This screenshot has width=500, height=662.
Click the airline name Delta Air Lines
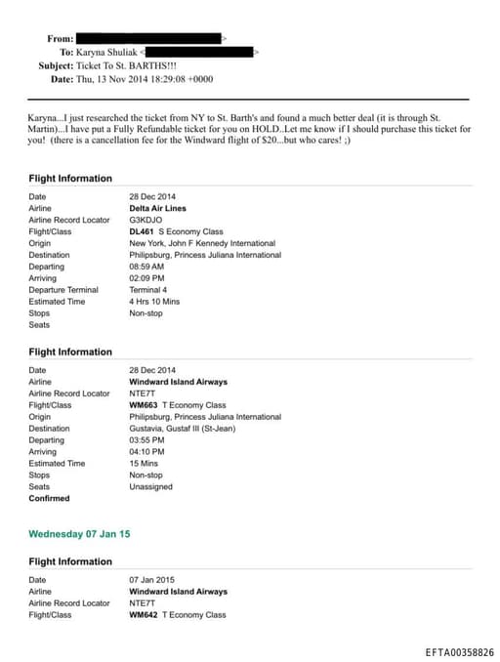coord(157,208)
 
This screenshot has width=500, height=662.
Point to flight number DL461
coord(143,231)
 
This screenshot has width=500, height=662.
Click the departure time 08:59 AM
coord(146,267)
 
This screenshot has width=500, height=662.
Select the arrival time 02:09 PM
coord(146,278)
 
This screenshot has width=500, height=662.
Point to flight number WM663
coord(144,405)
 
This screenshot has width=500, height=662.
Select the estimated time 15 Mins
coord(144,464)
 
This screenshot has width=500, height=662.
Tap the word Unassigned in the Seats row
coord(150,487)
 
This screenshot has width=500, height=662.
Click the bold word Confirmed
coord(49,499)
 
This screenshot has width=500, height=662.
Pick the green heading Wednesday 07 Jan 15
coord(79,534)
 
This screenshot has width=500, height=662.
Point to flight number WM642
coord(144,615)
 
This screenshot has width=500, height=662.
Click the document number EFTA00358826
coord(459,651)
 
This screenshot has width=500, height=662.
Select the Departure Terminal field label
coord(63,290)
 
